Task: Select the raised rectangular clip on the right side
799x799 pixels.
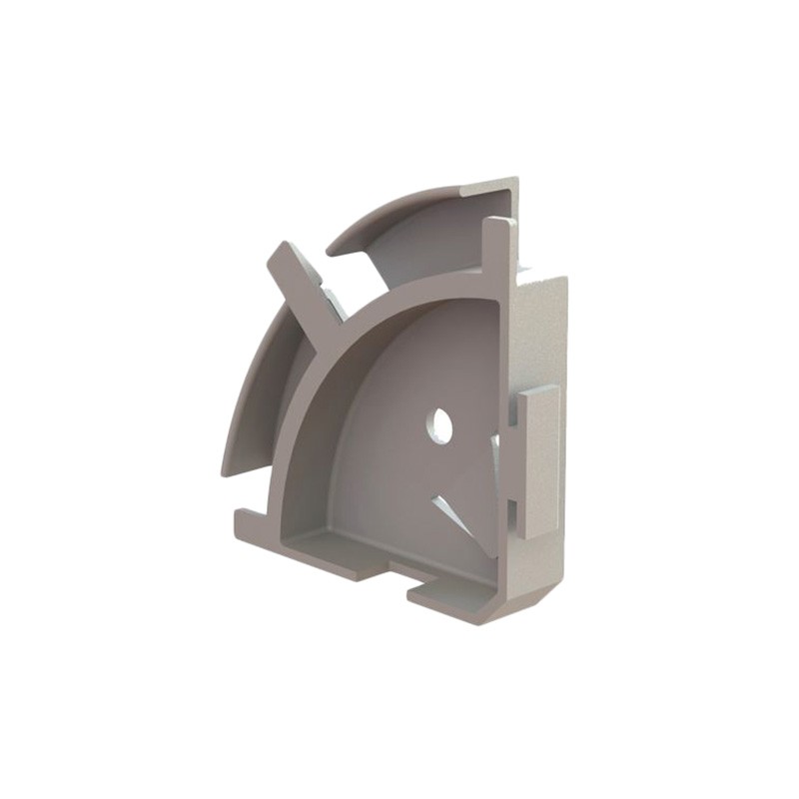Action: click(538, 459)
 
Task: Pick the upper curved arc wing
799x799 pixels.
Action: click(419, 225)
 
